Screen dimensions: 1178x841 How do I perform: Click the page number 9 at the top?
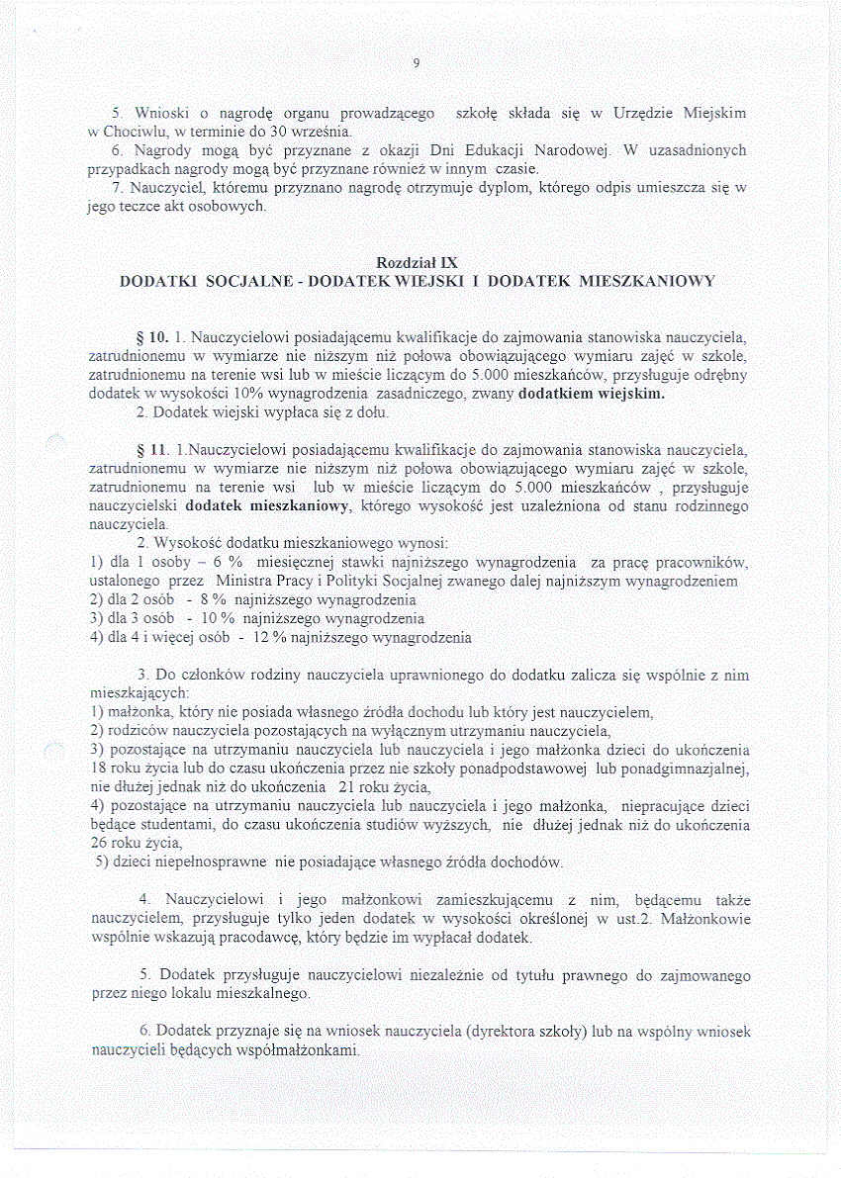click(x=417, y=64)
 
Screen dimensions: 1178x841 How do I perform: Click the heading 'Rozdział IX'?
click(x=417, y=262)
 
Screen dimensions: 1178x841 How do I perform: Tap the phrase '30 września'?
click(x=306, y=132)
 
